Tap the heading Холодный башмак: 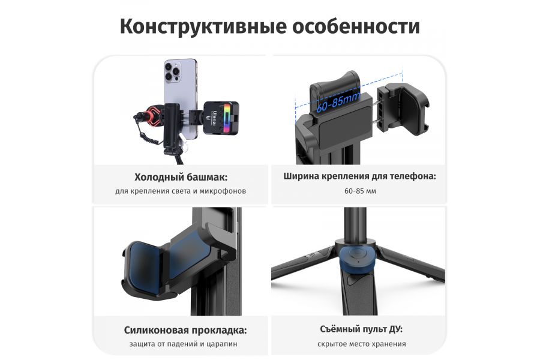(x=181, y=177)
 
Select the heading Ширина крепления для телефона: (x=359, y=177)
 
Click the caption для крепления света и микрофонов (x=181, y=191)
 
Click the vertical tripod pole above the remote (x=356, y=222)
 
